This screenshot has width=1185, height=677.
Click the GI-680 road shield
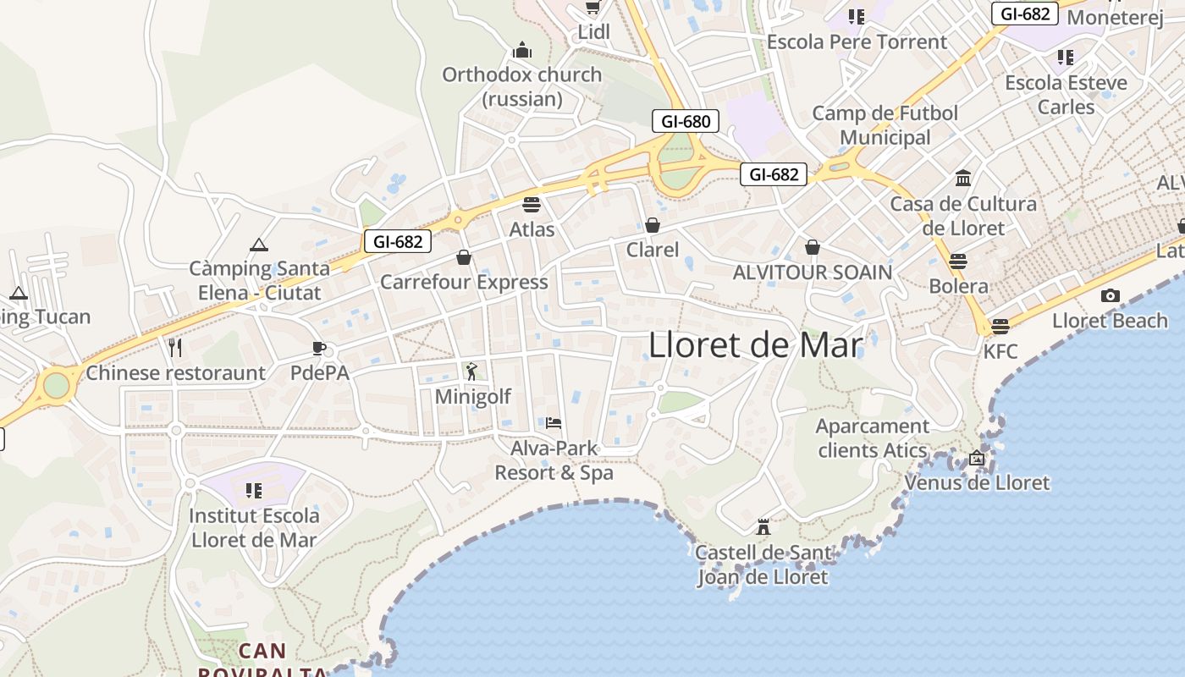pos(685,121)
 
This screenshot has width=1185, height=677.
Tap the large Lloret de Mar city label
pos(756,345)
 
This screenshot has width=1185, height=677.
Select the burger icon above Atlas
pos(532,204)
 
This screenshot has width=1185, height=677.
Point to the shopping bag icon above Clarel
pos(652,225)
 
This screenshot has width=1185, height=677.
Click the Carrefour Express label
pos(464,282)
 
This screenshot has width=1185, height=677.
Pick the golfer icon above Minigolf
pos(471,371)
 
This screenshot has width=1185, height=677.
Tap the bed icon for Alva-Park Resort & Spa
pos(554,422)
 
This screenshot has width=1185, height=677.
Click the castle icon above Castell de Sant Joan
pos(763,527)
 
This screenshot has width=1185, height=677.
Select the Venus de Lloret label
pos(977,483)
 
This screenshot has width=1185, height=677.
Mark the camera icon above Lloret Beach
pos(1110,295)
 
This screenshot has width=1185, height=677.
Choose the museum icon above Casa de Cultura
pos(963,179)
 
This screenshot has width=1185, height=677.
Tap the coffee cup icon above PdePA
pos(319,348)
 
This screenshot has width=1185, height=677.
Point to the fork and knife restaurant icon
pos(175,347)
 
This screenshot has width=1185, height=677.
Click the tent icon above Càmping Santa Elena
pos(259,245)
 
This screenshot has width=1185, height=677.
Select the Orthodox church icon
pos(522,50)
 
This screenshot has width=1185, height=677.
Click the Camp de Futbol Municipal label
pos(885,125)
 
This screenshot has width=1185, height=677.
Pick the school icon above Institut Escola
pos(253,490)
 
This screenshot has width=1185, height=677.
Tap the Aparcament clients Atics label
pos(873,438)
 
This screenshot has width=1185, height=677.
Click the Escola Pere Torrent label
pos(857,41)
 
